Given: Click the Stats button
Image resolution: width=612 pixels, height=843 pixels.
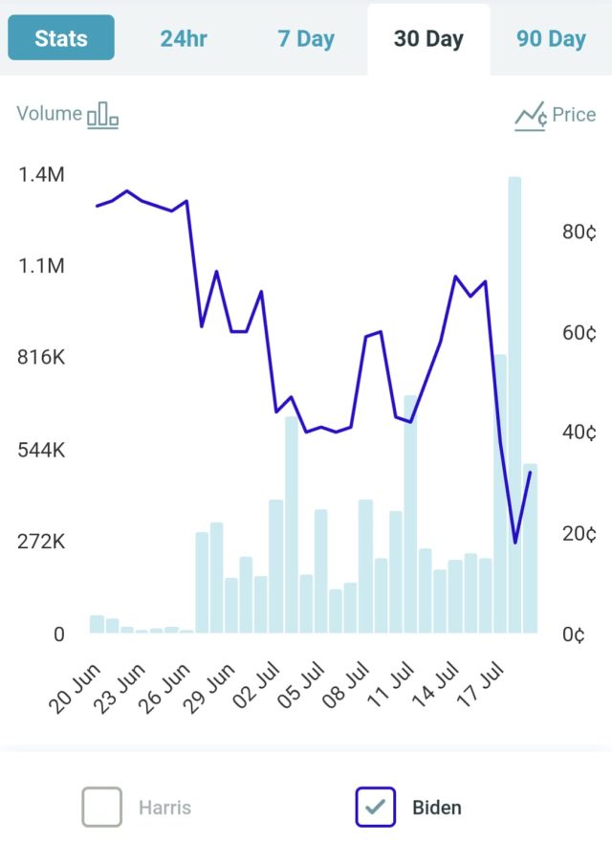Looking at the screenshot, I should point(61,38).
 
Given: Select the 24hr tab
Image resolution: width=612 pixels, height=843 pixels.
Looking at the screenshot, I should point(184,39).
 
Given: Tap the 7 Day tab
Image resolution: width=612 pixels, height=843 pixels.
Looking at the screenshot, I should point(306,39).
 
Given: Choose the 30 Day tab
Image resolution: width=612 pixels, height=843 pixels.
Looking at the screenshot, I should point(428,39).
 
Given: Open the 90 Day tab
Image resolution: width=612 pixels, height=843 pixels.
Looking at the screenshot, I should point(551,39).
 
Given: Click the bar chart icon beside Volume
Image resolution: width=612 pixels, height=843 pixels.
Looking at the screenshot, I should point(103,116).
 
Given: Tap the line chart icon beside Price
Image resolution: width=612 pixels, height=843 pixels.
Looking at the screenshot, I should point(531,117).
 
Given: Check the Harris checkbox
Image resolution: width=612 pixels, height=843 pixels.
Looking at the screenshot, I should point(102,807).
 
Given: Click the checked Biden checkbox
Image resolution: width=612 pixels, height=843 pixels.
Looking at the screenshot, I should point(375,807).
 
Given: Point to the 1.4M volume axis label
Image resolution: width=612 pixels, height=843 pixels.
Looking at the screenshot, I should point(41,175).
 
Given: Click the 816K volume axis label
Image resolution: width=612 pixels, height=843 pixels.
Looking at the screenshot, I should point(41,358).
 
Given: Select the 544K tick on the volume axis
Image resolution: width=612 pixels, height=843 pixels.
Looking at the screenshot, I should point(41,450).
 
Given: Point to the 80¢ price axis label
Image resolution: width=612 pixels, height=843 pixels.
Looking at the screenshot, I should point(579,233).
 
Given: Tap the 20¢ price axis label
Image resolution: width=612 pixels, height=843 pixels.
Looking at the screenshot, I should point(579,533).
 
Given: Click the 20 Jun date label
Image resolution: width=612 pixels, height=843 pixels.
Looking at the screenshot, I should point(74,688).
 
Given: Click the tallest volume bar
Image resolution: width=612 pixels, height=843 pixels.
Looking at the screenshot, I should point(514,402).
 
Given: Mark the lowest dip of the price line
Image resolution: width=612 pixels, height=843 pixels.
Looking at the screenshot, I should point(514,543).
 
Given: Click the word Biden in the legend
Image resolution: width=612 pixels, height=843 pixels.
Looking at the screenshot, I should point(437,808).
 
